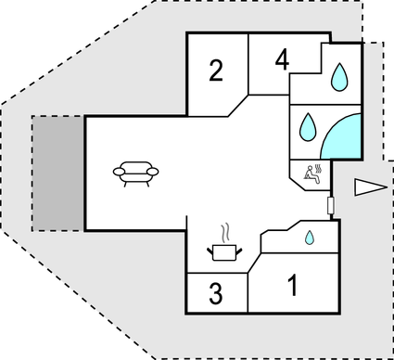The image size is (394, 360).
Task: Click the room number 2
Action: click(216, 71)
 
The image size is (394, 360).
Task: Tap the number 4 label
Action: click(283, 61)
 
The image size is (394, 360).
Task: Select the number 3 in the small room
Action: click(215, 295)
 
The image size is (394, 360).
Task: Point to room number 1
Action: click(293, 286)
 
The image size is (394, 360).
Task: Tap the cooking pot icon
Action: click(223, 250)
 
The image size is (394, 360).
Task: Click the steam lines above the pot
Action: click(223, 230)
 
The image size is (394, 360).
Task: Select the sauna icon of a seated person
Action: click(312, 172)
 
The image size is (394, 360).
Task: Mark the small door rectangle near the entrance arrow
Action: click(331, 204)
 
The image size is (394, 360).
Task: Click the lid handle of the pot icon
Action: click(223, 242)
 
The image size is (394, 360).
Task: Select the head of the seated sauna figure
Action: click(309, 166)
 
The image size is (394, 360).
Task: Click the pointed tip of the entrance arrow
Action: click(355, 187)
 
